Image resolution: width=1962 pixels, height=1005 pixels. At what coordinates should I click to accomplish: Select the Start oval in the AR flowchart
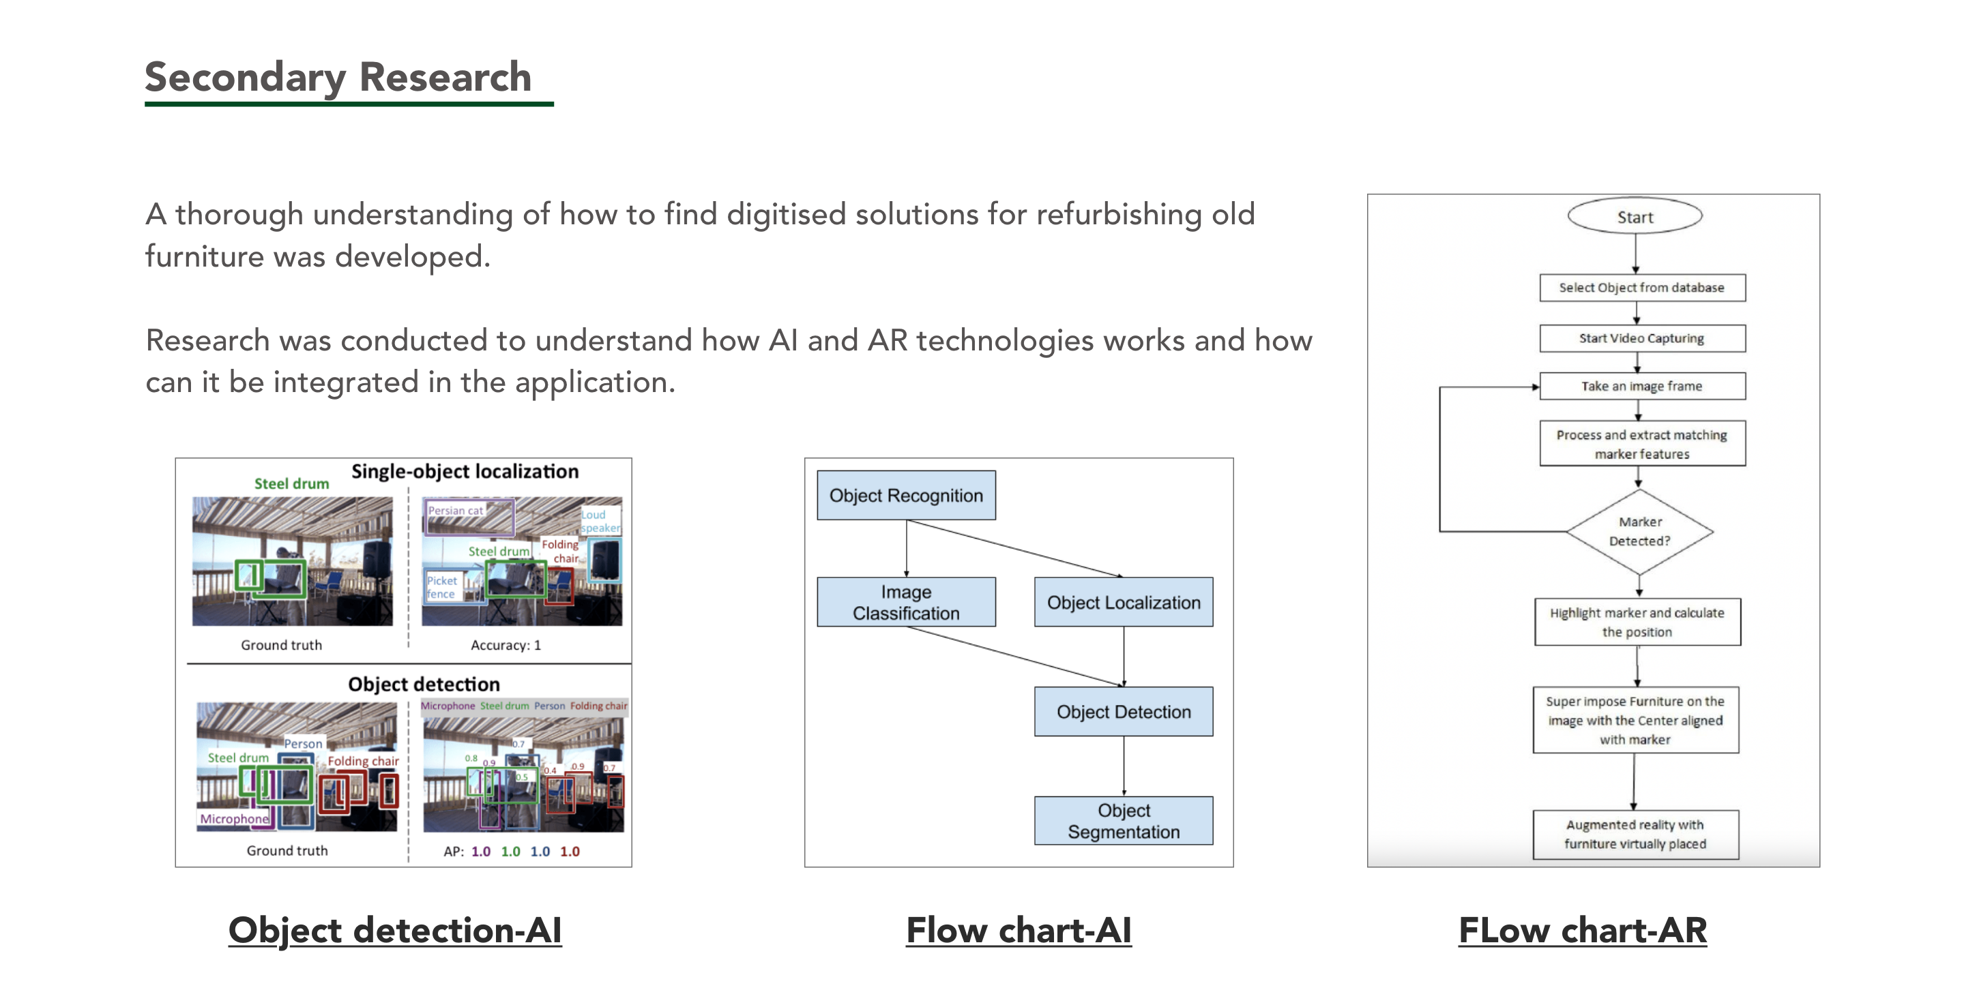tap(1635, 217)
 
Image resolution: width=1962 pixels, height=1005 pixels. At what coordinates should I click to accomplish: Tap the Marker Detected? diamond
tap(1639, 531)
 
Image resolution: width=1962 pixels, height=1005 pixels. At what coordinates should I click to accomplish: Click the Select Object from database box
tap(1641, 288)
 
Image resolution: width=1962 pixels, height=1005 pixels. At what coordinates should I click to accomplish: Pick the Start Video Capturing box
tap(1641, 338)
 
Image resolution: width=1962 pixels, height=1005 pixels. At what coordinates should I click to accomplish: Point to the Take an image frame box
tap(1641, 386)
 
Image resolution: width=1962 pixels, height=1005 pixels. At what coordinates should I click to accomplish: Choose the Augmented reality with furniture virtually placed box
tap(1635, 835)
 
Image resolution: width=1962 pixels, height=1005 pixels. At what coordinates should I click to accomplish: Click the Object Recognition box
tap(905, 496)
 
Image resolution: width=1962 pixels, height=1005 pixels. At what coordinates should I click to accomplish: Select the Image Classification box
tap(905, 602)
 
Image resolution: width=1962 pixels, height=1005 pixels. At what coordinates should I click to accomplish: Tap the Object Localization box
tap(1124, 602)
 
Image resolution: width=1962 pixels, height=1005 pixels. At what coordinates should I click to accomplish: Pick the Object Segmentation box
tap(1124, 821)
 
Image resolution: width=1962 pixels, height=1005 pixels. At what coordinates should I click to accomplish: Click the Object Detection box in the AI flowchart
tap(1124, 712)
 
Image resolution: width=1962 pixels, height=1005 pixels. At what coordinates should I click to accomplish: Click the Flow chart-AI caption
tap(1019, 931)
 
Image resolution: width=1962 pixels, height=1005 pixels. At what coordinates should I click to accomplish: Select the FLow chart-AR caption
tap(1582, 931)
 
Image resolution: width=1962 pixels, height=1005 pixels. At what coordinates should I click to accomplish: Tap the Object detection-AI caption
tap(394, 931)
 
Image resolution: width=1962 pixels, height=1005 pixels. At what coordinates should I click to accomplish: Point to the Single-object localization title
tap(465, 471)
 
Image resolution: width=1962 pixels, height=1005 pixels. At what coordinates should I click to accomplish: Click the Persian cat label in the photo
tap(455, 510)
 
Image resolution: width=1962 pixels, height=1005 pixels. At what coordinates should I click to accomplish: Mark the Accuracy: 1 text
tap(505, 645)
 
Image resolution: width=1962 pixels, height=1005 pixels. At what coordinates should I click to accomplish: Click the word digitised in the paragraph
tap(785, 215)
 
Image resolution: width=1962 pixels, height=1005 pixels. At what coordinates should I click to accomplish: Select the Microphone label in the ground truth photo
tap(234, 818)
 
